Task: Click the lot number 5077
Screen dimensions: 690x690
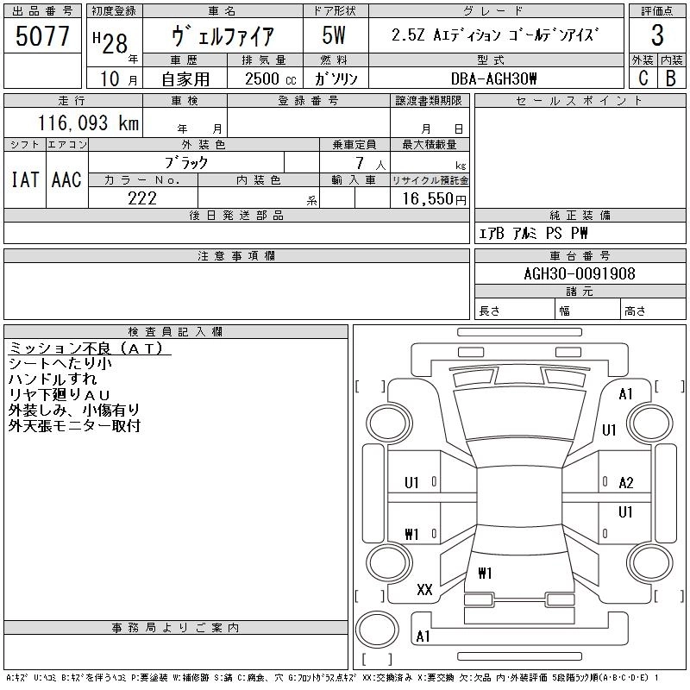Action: pyautogui.click(x=43, y=37)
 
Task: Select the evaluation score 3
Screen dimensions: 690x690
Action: pyautogui.click(x=657, y=36)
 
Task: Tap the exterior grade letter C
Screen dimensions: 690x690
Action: pyautogui.click(x=643, y=78)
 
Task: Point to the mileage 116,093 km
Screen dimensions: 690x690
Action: pyautogui.click(x=87, y=123)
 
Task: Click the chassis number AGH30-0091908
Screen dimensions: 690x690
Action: pyautogui.click(x=580, y=273)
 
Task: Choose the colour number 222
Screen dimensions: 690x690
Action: pyautogui.click(x=141, y=198)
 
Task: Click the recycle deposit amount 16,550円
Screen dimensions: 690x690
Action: pyautogui.click(x=430, y=199)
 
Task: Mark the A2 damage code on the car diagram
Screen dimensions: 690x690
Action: pyautogui.click(x=626, y=483)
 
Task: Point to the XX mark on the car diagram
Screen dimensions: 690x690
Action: pyautogui.click(x=424, y=590)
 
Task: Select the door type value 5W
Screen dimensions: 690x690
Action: pyautogui.click(x=334, y=36)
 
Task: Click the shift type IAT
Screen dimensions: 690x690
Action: pyautogui.click(x=25, y=179)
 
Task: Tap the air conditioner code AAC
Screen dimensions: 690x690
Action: pyautogui.click(x=66, y=179)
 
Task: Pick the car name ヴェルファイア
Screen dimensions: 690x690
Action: pyautogui.click(x=223, y=37)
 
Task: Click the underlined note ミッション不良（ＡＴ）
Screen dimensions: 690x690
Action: pyautogui.click(x=90, y=348)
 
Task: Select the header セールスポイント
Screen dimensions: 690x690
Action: pyautogui.click(x=579, y=101)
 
